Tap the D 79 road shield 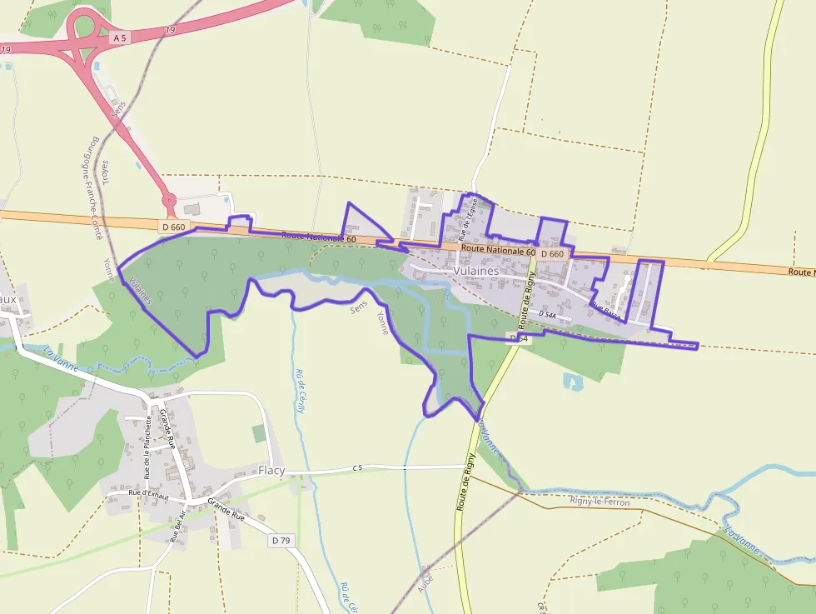pyautogui.click(x=281, y=541)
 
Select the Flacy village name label pyautogui.click(x=271, y=471)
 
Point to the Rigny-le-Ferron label pyautogui.click(x=600, y=502)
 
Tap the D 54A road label pyautogui.click(x=547, y=313)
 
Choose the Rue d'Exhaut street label pyautogui.click(x=148, y=495)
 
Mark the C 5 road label pyautogui.click(x=358, y=468)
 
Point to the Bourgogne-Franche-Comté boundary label pyautogui.click(x=96, y=187)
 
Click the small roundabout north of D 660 pyautogui.click(x=168, y=200)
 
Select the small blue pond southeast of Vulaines pyautogui.click(x=574, y=382)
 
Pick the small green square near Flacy pyautogui.click(x=259, y=433)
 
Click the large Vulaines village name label pyautogui.click(x=476, y=271)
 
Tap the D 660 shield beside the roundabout pyautogui.click(x=173, y=226)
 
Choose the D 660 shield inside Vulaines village pyautogui.click(x=552, y=253)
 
